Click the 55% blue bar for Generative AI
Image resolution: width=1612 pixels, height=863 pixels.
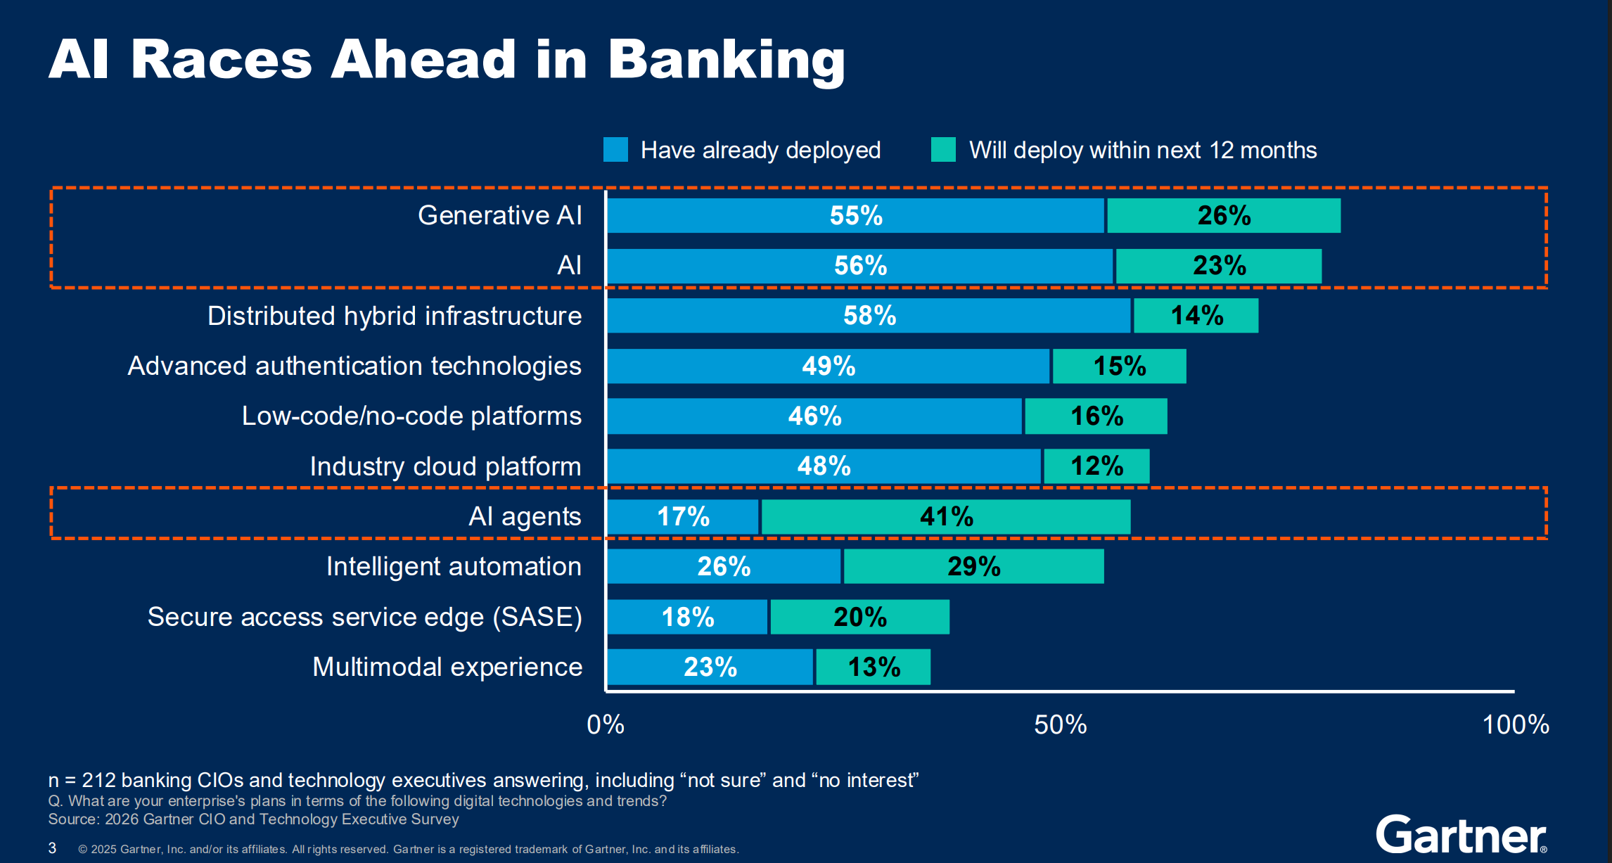(855, 215)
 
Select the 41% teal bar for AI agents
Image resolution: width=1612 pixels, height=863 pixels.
(946, 517)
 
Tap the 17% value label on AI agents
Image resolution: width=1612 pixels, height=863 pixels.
(683, 517)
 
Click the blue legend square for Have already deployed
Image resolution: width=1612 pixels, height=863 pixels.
(615, 150)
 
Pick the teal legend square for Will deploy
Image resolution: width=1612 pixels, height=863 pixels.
(943, 150)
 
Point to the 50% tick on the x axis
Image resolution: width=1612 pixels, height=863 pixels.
(1060, 724)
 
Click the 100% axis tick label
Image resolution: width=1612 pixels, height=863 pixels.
(1515, 724)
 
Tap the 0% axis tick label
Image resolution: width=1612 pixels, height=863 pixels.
(606, 724)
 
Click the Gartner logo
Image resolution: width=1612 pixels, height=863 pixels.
(1461, 835)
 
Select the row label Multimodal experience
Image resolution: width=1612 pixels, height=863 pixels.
(447, 667)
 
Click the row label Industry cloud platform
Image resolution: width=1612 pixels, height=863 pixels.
(445, 466)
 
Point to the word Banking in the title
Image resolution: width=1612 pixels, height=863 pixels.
(726, 60)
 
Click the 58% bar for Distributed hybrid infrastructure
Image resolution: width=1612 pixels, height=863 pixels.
(869, 316)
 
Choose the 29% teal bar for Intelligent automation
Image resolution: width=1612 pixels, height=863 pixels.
(973, 567)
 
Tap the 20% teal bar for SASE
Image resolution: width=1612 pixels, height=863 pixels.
(859, 617)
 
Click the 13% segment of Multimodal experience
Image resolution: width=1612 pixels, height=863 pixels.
(873, 667)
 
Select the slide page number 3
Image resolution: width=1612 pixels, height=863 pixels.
(52, 848)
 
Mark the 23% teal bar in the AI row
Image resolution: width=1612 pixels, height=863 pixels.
(1219, 266)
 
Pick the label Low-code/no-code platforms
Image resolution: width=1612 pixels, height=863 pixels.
(411, 416)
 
